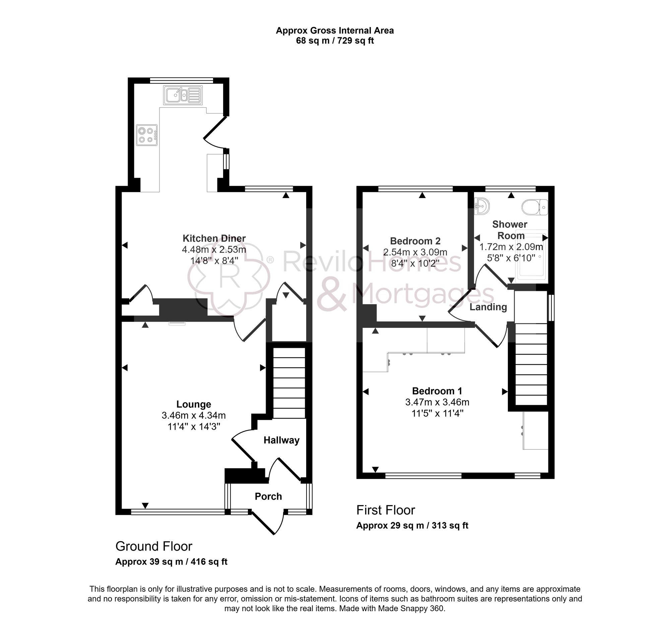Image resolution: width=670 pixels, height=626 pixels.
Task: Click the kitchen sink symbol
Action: tap(183, 95)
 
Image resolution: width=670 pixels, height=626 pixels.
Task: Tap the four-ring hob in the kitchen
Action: tap(147, 135)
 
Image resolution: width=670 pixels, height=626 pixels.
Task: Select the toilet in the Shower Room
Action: tap(535, 207)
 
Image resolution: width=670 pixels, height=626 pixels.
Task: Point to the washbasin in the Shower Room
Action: tap(482, 206)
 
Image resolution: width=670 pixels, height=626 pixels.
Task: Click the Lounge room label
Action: tap(193, 404)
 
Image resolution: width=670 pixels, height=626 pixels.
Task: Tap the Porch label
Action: tap(268, 497)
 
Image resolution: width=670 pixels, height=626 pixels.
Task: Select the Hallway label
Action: tap(281, 440)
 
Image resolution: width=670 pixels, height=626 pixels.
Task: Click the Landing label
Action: tap(488, 307)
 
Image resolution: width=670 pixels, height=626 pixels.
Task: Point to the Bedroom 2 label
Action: tap(415, 241)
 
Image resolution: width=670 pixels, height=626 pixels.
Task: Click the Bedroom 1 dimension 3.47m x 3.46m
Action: tap(437, 402)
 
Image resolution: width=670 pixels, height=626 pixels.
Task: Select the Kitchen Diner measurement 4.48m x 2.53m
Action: tap(214, 249)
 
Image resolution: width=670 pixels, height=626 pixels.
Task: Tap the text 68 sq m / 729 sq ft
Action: tap(335, 41)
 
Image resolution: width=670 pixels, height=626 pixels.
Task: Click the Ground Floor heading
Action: tap(154, 547)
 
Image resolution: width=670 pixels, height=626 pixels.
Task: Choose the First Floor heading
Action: tap(386, 510)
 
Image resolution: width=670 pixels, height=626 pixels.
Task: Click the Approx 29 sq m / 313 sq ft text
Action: tap(412, 525)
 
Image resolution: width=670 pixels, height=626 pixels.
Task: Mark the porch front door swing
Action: tap(270, 523)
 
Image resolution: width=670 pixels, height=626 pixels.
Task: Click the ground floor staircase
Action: tap(289, 383)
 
